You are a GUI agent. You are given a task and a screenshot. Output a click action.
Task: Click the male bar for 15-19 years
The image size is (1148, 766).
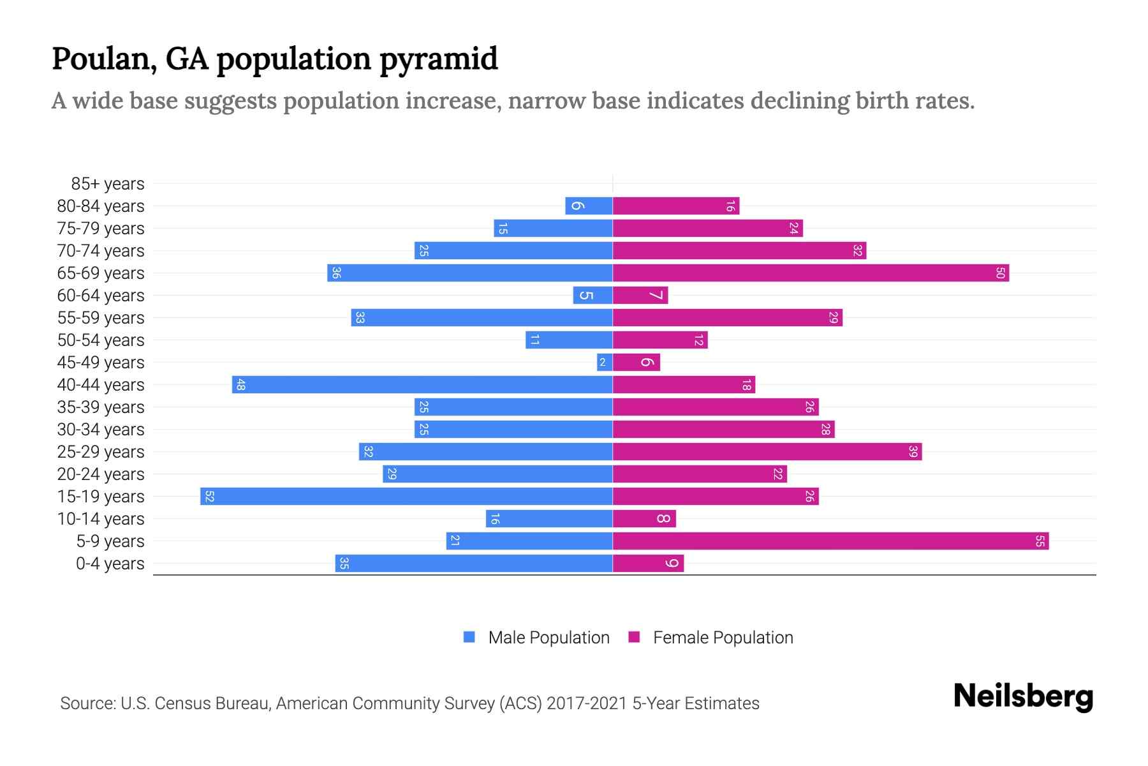coord(406,496)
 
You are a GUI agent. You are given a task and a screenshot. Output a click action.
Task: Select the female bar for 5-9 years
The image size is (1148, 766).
coord(830,541)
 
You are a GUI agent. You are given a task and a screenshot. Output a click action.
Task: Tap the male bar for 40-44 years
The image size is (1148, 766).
coord(422,384)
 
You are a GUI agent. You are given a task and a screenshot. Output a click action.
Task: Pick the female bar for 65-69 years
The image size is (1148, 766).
coord(811,273)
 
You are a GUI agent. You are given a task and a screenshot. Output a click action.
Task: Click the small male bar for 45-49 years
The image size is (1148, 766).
coord(604,362)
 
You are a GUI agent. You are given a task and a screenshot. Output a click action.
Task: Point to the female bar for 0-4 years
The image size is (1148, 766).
coord(648,563)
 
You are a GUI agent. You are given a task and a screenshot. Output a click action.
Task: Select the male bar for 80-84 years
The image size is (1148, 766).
coord(589,206)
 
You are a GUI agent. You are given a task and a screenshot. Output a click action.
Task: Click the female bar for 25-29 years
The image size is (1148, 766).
coord(767,451)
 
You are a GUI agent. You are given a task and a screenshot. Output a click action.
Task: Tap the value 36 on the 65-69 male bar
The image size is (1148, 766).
coord(336,273)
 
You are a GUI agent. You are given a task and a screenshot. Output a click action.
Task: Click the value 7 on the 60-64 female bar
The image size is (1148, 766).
coord(656,295)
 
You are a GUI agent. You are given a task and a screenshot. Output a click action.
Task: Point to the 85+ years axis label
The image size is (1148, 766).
coord(108,184)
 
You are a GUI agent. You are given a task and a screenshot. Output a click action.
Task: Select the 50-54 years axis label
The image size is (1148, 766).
coord(101,340)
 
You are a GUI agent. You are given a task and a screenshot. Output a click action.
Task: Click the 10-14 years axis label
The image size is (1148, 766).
coord(101,519)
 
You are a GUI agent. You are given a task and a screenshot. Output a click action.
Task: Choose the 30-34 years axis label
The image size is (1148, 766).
coord(101,430)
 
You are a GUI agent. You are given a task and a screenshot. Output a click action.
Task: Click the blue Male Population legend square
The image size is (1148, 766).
coord(469,637)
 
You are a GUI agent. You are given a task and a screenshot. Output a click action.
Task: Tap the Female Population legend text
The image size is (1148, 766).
coord(723,637)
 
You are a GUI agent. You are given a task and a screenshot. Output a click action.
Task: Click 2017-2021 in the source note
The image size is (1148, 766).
coord(587,703)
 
